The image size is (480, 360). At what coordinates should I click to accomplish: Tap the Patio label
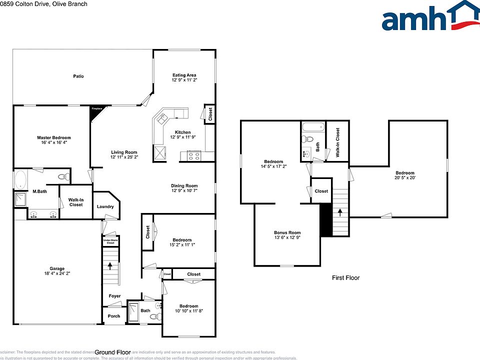(x=78, y=76)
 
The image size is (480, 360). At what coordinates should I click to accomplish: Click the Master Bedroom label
(x=54, y=137)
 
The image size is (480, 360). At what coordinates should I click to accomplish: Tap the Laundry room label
(x=105, y=206)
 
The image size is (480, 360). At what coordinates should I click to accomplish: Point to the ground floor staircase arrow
(x=110, y=265)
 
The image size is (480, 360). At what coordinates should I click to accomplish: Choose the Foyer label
(x=114, y=296)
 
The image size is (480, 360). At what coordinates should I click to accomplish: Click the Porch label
(x=114, y=316)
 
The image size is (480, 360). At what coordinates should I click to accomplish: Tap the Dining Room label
(x=184, y=185)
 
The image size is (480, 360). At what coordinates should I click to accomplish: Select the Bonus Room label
(x=287, y=232)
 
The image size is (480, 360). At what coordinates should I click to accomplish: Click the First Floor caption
(x=346, y=277)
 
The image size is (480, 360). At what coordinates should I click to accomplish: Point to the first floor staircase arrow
(x=340, y=212)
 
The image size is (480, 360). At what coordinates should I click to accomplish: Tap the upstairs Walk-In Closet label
(x=338, y=142)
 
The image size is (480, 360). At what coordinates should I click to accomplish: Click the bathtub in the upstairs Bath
(x=313, y=128)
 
